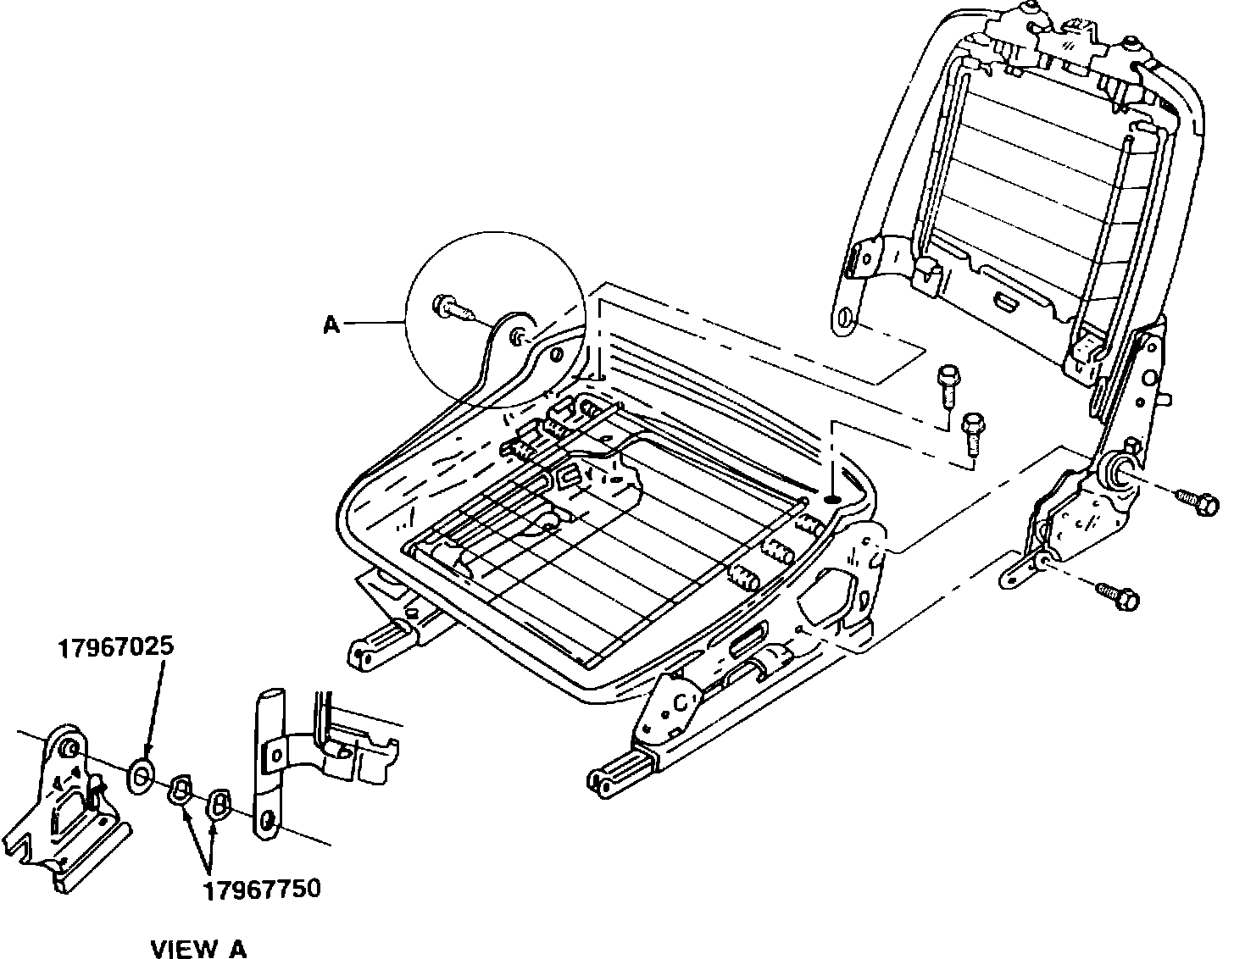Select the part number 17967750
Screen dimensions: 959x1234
(261, 890)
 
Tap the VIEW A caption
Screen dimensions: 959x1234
(198, 948)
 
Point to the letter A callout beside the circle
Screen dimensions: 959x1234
(331, 324)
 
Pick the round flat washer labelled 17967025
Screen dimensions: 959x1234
(141, 774)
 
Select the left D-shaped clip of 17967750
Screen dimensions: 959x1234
(181, 790)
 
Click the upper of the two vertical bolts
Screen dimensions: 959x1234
(947, 383)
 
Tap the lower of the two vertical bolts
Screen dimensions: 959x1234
(972, 430)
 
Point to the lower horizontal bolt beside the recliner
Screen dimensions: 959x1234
(1114, 595)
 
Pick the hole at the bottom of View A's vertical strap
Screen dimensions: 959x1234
(267, 820)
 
